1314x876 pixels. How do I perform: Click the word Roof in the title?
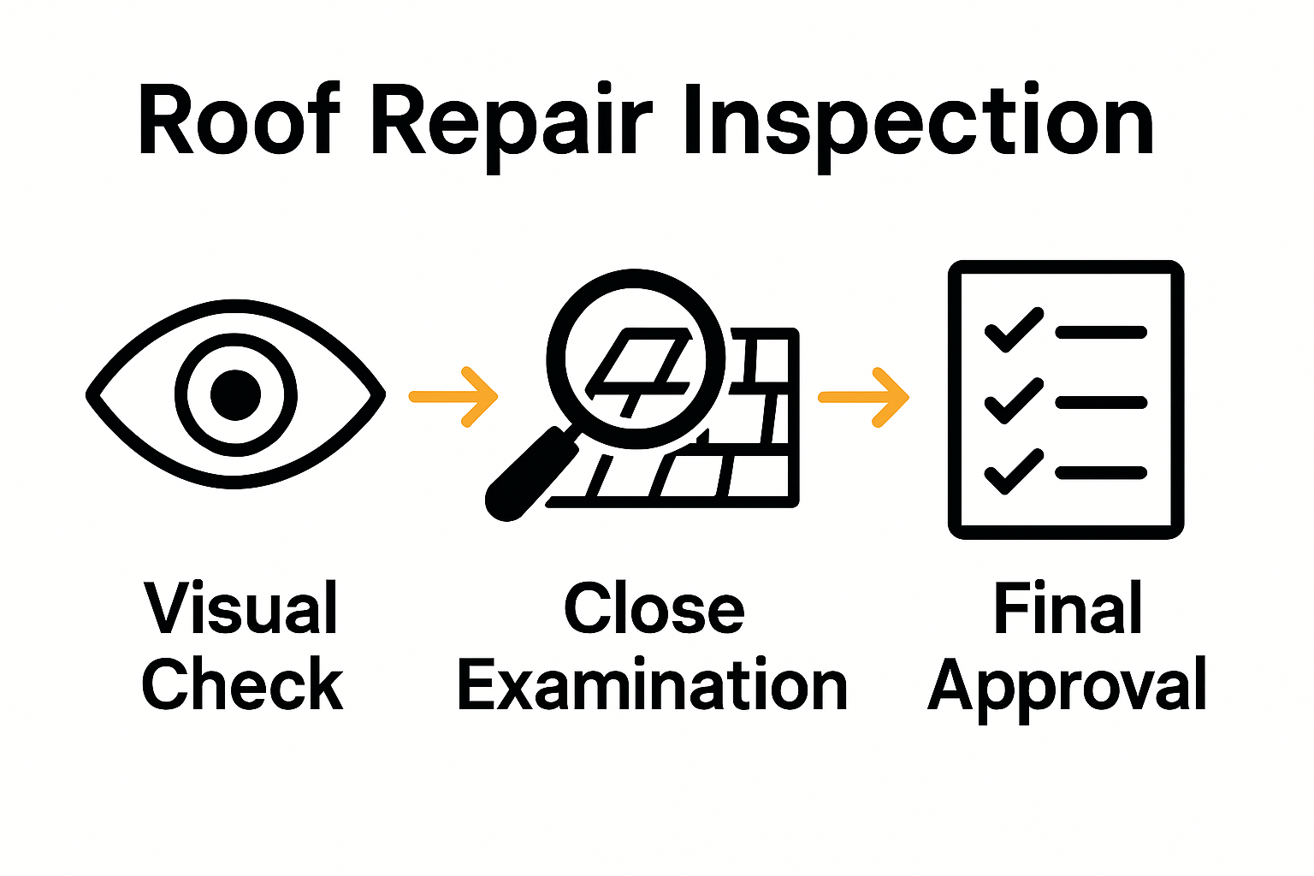coord(239,122)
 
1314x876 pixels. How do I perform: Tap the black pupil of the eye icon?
coord(235,394)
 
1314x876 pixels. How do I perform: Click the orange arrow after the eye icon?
coord(454,396)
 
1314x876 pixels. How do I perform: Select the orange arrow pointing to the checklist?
coord(864,397)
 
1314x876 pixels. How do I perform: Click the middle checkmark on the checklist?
coord(1014,401)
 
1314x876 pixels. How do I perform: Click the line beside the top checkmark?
coord(1101,333)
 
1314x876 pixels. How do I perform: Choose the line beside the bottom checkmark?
coord(1101,472)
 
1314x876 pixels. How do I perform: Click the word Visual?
coord(242,608)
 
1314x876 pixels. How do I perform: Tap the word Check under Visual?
coord(242,684)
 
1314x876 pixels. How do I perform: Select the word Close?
coord(654,608)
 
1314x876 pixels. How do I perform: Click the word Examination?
coord(653,685)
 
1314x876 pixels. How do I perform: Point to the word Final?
coord(1068,608)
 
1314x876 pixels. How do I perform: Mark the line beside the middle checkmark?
coord(1101,402)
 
